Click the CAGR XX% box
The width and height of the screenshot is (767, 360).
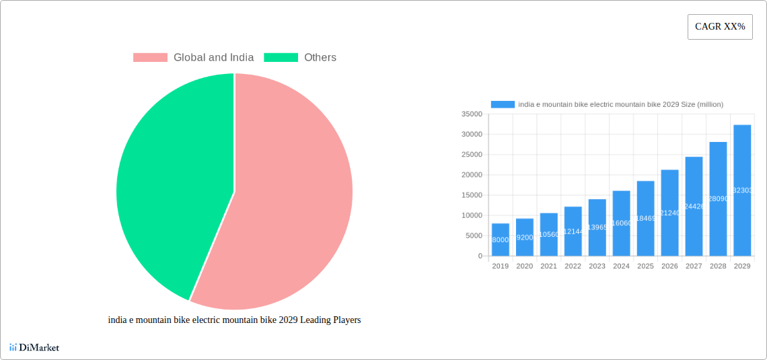719,27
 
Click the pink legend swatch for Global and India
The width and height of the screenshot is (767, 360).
149,58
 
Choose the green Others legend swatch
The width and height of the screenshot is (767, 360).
281,58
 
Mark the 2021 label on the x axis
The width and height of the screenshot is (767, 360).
548,266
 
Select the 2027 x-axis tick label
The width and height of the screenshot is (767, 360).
694,266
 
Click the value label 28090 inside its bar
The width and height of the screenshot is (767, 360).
718,199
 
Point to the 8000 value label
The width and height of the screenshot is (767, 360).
500,240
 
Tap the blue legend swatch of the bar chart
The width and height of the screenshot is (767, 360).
503,104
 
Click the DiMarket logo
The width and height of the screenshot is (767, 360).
34,348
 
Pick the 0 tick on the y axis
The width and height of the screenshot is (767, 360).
480,256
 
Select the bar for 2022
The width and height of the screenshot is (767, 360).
573,231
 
